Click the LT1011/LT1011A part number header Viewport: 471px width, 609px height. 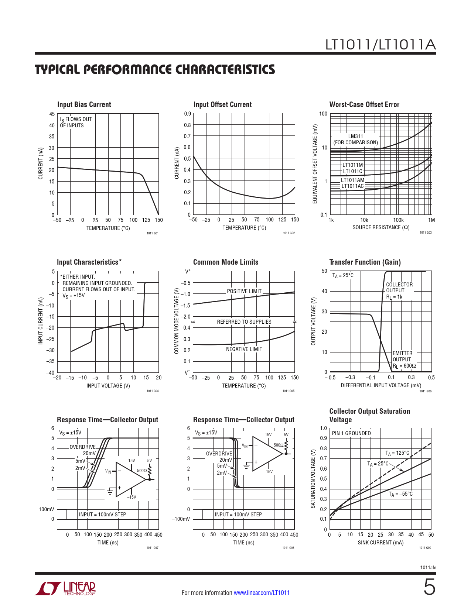click(x=380, y=45)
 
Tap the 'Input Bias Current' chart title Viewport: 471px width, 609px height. click(x=84, y=104)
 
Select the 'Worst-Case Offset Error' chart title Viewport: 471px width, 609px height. click(x=364, y=104)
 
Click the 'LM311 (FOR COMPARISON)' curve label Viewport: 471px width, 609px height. click(x=356, y=140)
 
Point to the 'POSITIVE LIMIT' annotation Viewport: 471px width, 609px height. click(x=244, y=291)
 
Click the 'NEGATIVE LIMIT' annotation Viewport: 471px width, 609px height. click(x=244, y=349)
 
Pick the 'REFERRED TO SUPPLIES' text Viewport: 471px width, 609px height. click(x=244, y=322)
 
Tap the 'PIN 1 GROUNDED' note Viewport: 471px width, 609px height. click(x=351, y=433)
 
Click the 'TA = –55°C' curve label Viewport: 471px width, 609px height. click(x=400, y=494)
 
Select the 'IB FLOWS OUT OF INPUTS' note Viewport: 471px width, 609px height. click(x=76, y=122)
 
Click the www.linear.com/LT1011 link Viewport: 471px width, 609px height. click(x=262, y=593)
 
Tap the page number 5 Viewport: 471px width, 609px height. click(x=429, y=587)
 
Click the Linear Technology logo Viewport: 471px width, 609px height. click(x=65, y=589)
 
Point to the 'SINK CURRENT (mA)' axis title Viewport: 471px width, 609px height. click(x=380, y=543)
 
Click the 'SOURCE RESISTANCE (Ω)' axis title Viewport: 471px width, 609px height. click(x=381, y=227)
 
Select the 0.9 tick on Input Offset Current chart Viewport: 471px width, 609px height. click(x=188, y=114)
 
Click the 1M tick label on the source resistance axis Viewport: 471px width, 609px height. click(x=431, y=220)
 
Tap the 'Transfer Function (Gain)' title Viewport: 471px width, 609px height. click(x=365, y=262)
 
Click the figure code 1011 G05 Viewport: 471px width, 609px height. click(x=289, y=391)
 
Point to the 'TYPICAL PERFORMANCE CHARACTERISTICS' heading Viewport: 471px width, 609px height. click(x=155, y=70)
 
